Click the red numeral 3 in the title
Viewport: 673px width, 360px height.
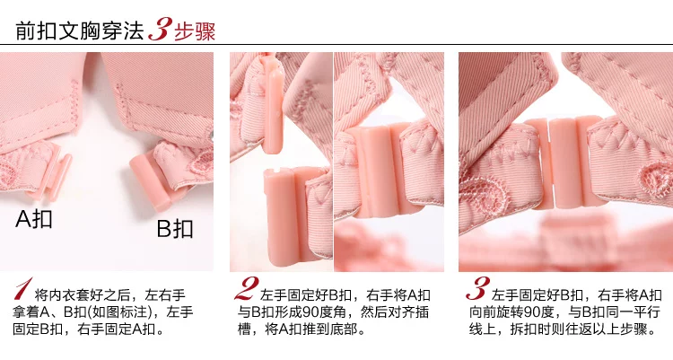click(161, 30)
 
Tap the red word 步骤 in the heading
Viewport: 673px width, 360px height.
click(195, 31)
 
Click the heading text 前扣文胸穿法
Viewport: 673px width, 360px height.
click(79, 31)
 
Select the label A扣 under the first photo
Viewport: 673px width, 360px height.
click(34, 218)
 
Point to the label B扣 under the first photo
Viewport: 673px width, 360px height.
click(174, 228)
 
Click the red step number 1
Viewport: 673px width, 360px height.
click(23, 289)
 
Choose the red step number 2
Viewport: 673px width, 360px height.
click(247, 288)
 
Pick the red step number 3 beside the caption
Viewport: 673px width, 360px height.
click(477, 288)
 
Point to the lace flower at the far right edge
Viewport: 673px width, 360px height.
click(656, 180)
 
